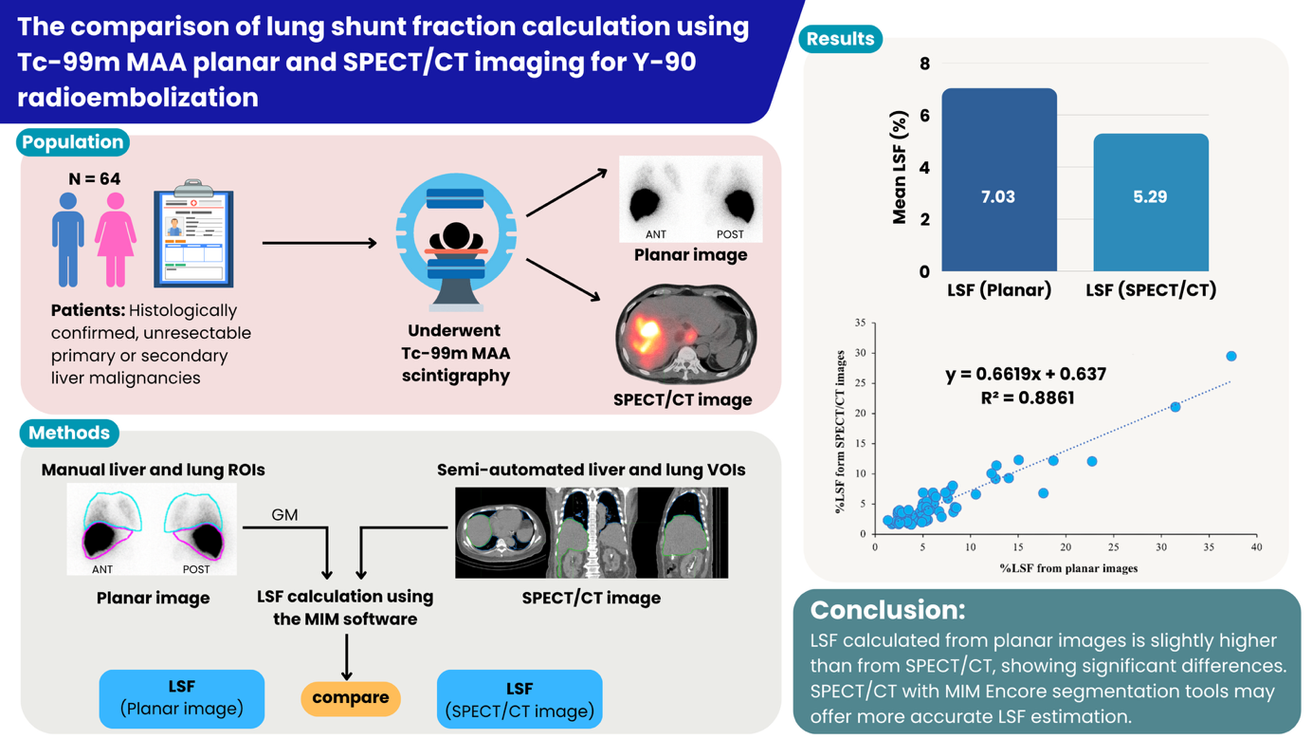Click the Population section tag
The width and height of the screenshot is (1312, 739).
click(x=73, y=142)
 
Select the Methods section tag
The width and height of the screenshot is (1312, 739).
click(x=69, y=433)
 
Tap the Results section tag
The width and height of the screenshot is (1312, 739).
click(x=840, y=39)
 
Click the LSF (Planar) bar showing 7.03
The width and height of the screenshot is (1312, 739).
click(x=999, y=180)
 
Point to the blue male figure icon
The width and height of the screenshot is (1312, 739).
click(x=68, y=239)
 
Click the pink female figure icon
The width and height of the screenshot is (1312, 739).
click(x=116, y=239)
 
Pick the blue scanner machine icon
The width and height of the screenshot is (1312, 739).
click(x=456, y=242)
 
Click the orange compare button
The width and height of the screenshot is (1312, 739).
click(x=351, y=697)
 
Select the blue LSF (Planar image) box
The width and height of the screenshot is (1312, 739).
click(x=182, y=698)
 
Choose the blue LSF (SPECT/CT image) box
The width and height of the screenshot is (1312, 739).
click(x=519, y=699)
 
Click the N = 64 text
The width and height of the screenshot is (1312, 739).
click(x=95, y=178)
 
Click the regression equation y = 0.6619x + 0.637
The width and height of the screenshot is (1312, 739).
click(x=1026, y=374)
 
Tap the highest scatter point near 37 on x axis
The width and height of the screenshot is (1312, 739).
click(x=1231, y=357)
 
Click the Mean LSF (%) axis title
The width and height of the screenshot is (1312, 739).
click(x=900, y=168)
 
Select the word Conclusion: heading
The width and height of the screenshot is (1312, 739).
click(x=887, y=609)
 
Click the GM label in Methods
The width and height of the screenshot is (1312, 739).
click(x=284, y=515)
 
